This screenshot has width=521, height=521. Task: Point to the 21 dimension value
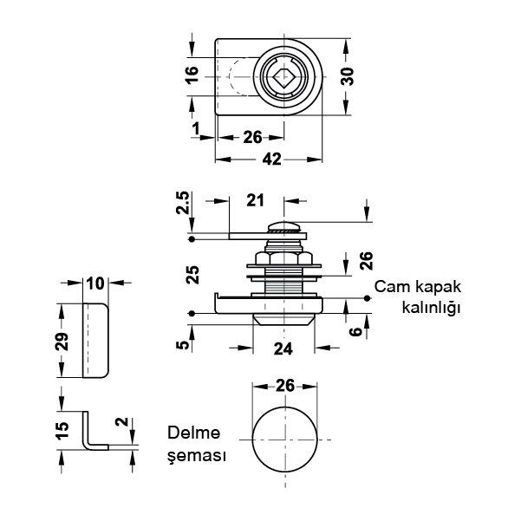point(256,201)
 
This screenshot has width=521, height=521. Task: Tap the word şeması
point(198,455)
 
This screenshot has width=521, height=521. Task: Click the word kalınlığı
point(429,308)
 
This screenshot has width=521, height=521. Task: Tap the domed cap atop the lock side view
point(284,226)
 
